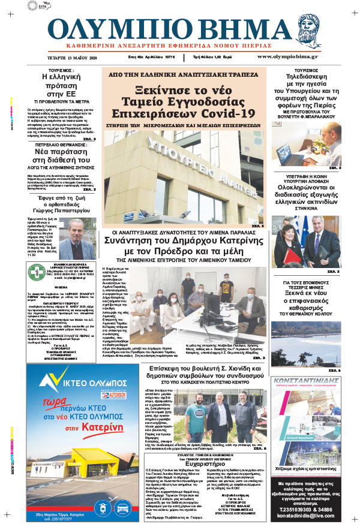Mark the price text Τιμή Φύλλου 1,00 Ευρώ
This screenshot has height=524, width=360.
pos(214,57)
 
